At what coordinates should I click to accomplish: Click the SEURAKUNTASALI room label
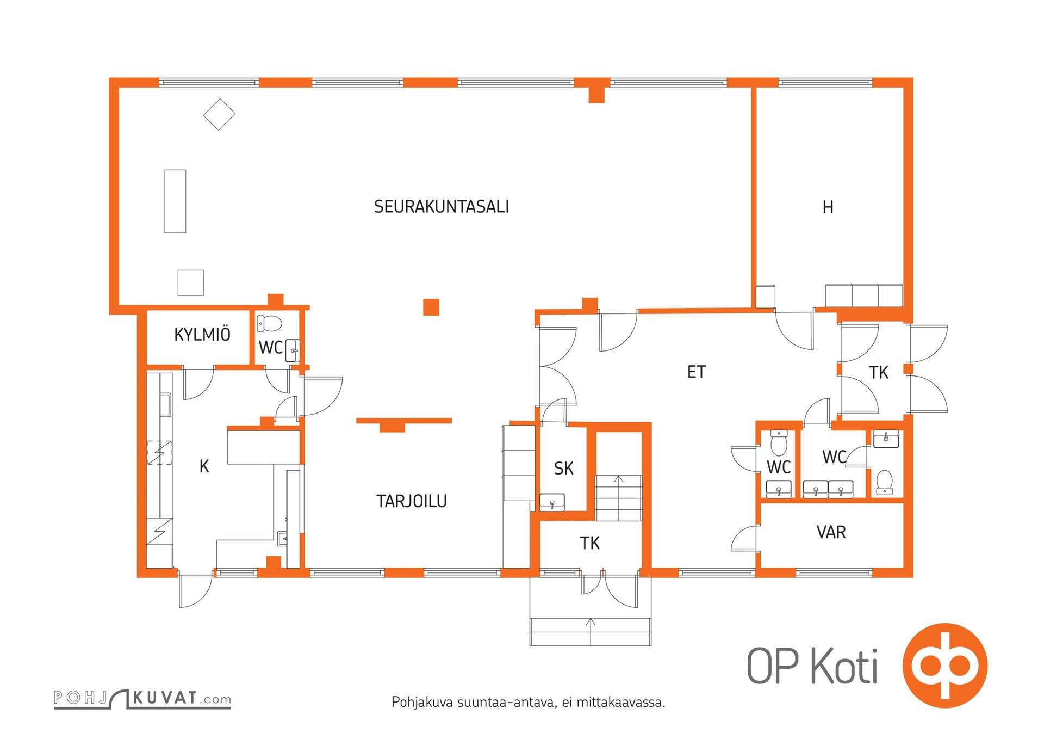(x=441, y=207)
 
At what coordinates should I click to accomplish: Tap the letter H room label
(x=828, y=207)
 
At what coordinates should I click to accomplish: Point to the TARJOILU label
(x=412, y=501)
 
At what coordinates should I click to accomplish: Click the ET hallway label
(x=697, y=372)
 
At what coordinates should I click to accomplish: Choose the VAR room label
(x=831, y=532)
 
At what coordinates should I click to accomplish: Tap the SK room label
(x=563, y=468)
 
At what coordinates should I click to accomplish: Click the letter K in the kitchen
(x=204, y=466)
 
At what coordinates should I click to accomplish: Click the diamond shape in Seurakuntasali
(x=219, y=114)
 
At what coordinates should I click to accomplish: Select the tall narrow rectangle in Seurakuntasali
(x=175, y=201)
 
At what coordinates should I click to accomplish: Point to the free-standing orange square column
(x=431, y=307)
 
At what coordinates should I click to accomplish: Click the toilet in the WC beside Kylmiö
(x=270, y=323)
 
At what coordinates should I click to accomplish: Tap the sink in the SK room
(x=552, y=502)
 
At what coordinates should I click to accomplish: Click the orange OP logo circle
(x=945, y=666)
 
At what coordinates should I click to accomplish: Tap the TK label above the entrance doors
(x=589, y=543)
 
